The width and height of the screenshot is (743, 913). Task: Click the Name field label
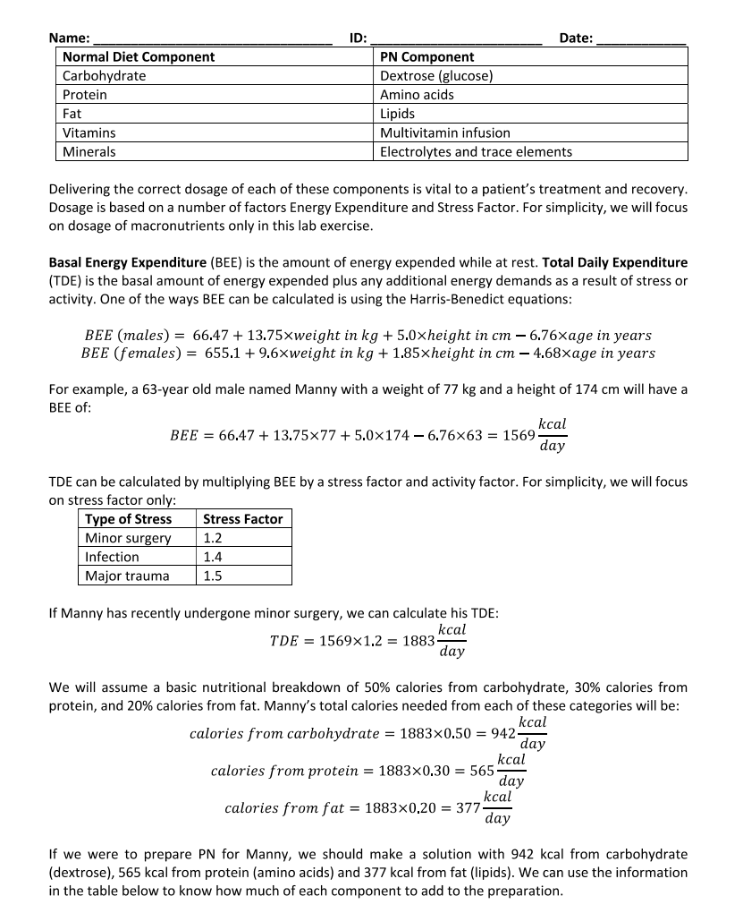(x=69, y=38)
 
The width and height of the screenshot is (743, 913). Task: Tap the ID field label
(x=358, y=38)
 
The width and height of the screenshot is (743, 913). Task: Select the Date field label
(x=576, y=38)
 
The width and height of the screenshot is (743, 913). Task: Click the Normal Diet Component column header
(x=139, y=56)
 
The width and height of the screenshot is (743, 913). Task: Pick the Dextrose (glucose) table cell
(x=436, y=76)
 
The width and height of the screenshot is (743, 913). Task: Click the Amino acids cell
(x=417, y=95)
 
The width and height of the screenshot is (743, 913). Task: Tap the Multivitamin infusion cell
(x=445, y=132)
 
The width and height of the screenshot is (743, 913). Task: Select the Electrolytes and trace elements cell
(x=476, y=151)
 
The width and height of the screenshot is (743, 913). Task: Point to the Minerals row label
(x=89, y=151)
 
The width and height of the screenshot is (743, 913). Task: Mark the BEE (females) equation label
(x=131, y=354)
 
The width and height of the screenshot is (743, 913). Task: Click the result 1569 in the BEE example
(x=519, y=434)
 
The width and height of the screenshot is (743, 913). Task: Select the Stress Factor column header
(x=242, y=519)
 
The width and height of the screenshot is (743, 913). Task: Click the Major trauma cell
(x=126, y=576)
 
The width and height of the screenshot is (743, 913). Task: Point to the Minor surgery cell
(x=128, y=538)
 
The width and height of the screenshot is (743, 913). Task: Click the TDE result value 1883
(x=419, y=641)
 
